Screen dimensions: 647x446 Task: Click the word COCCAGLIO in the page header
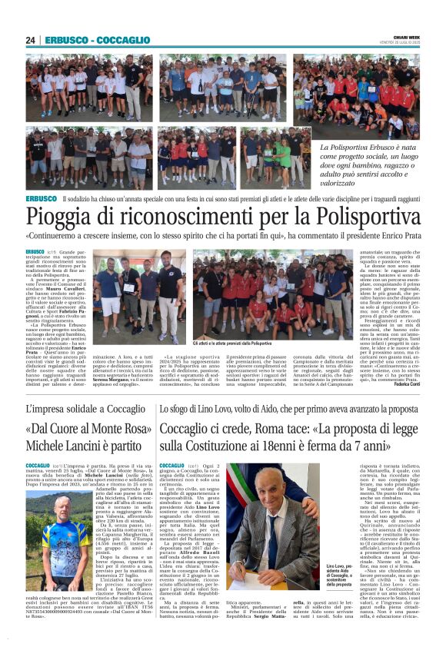(123, 40)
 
